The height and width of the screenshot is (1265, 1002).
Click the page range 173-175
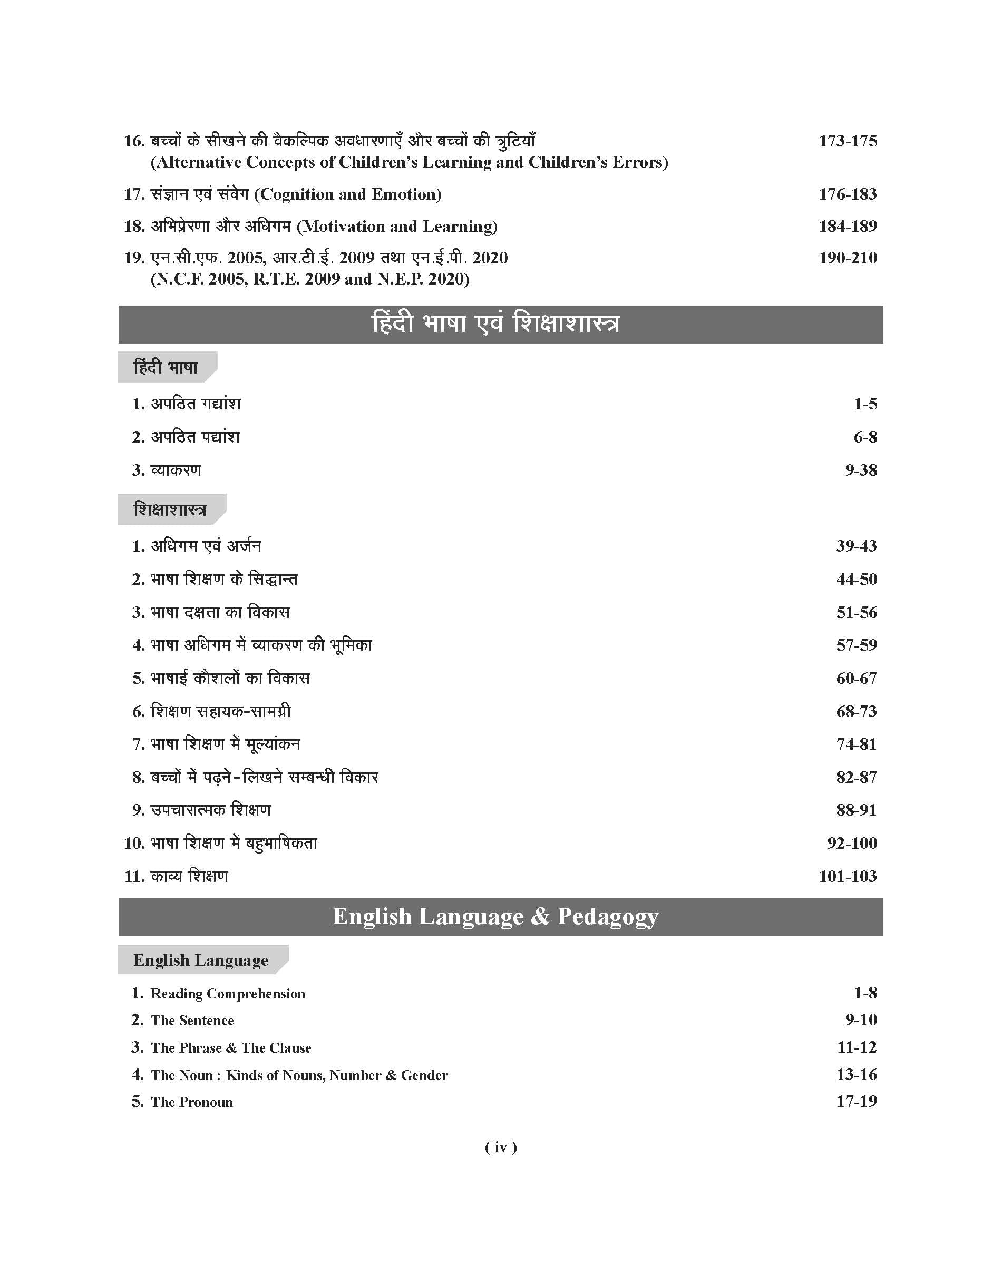tap(847, 141)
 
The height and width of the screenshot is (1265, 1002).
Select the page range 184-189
tap(847, 226)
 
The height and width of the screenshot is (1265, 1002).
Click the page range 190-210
tap(847, 258)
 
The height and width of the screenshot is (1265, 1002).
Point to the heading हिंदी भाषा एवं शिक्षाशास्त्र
tap(495, 323)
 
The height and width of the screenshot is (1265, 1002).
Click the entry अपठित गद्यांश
tap(196, 404)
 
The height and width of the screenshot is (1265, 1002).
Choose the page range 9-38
tap(861, 470)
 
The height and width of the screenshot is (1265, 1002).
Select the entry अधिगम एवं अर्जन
tap(206, 546)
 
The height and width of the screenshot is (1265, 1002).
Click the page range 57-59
tap(856, 645)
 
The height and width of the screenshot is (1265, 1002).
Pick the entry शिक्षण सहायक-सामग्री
tap(220, 711)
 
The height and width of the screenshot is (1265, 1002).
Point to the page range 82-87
tap(856, 777)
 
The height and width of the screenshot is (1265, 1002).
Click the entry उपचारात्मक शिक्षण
tap(211, 810)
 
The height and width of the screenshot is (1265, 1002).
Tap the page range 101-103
tap(847, 876)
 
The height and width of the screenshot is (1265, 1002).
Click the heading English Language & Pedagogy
tap(495, 916)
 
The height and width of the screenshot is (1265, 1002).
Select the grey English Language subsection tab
tap(201, 960)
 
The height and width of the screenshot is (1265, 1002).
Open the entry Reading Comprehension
tap(228, 994)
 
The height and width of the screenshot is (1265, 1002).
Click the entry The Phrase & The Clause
tap(230, 1048)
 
